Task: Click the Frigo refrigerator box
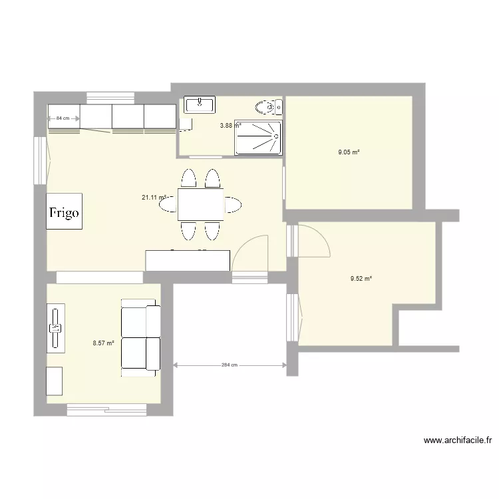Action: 65,212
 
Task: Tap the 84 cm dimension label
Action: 63,118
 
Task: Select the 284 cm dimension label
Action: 229,365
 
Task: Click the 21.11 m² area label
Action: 154,197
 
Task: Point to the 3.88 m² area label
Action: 230,125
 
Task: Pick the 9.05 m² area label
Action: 349,152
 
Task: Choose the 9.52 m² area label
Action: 361,279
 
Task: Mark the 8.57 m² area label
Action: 104,343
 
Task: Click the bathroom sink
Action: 200,104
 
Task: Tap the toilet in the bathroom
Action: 266,106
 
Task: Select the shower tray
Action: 258,137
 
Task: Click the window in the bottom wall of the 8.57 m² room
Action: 106,409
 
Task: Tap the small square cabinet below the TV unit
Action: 55,381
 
